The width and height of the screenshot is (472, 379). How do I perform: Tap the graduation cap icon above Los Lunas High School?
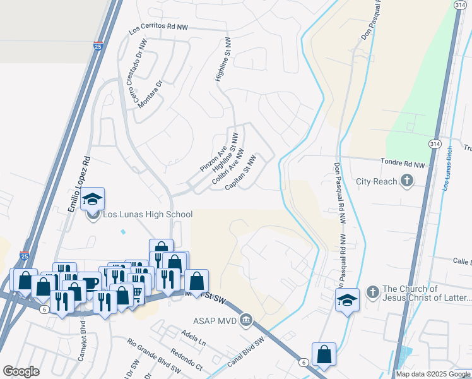tap(92, 200)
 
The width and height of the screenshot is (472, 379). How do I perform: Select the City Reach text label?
tap(377, 181)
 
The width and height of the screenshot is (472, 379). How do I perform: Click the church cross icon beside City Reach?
tap(407, 181)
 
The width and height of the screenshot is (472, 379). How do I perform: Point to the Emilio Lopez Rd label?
tap(80, 183)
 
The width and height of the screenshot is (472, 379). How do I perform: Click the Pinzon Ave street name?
tap(213, 159)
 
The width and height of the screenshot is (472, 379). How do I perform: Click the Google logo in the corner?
tap(21, 371)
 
